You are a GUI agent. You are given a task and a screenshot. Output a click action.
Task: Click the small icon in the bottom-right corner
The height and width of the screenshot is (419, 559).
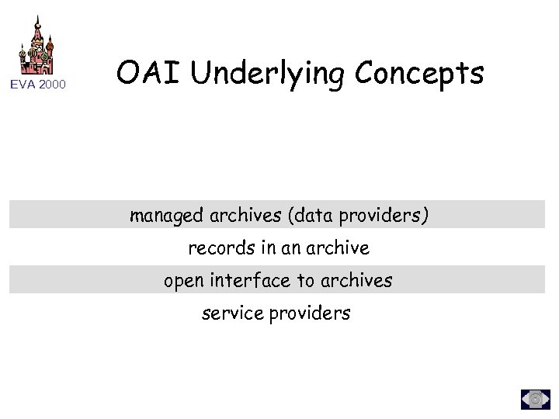pyautogui.click(x=535, y=398)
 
